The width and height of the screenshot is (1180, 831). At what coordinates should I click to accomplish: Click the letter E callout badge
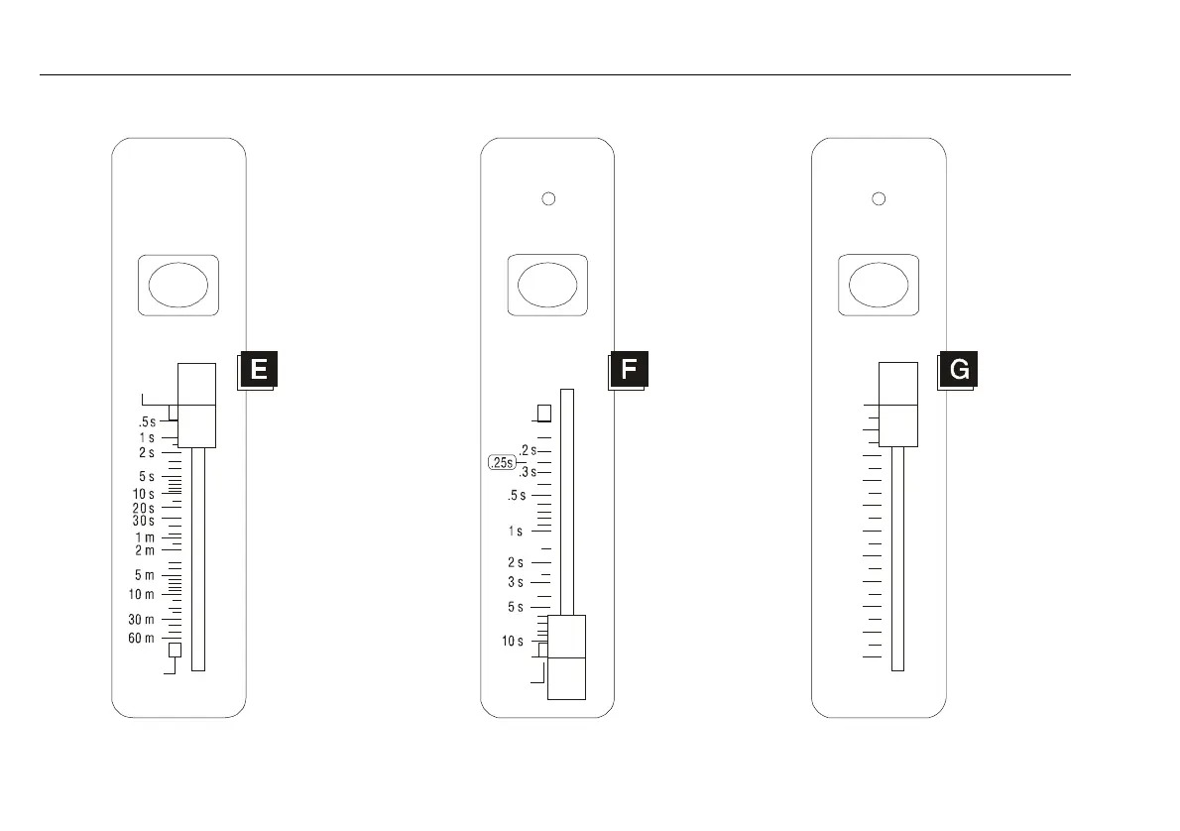click(x=258, y=370)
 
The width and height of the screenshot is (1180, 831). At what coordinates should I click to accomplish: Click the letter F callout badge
click(x=629, y=370)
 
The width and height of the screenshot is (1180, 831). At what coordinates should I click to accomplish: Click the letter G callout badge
click(x=958, y=370)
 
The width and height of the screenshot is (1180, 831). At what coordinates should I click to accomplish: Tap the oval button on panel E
click(x=178, y=286)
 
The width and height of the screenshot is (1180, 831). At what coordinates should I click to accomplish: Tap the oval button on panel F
click(x=547, y=286)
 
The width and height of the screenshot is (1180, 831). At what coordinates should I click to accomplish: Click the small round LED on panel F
click(x=548, y=198)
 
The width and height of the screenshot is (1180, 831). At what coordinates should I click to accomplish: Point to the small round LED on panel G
click(x=879, y=198)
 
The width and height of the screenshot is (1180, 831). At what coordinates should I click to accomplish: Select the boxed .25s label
click(x=502, y=463)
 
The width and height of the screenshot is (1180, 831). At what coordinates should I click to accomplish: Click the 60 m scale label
click(x=141, y=639)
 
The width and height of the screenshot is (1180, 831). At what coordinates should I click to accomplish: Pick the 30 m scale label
click(x=141, y=620)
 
